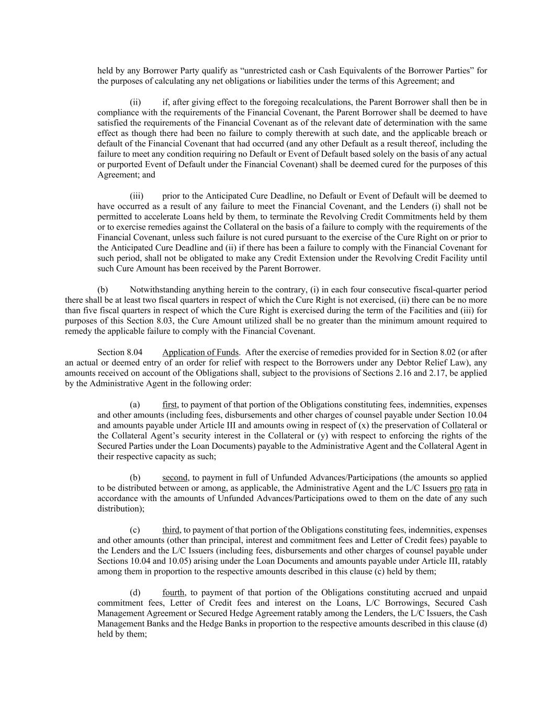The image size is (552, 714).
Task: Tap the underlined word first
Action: coord(170,405)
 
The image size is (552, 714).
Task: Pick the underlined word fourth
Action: coord(174,593)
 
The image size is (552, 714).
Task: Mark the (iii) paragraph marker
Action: coord(137,196)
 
